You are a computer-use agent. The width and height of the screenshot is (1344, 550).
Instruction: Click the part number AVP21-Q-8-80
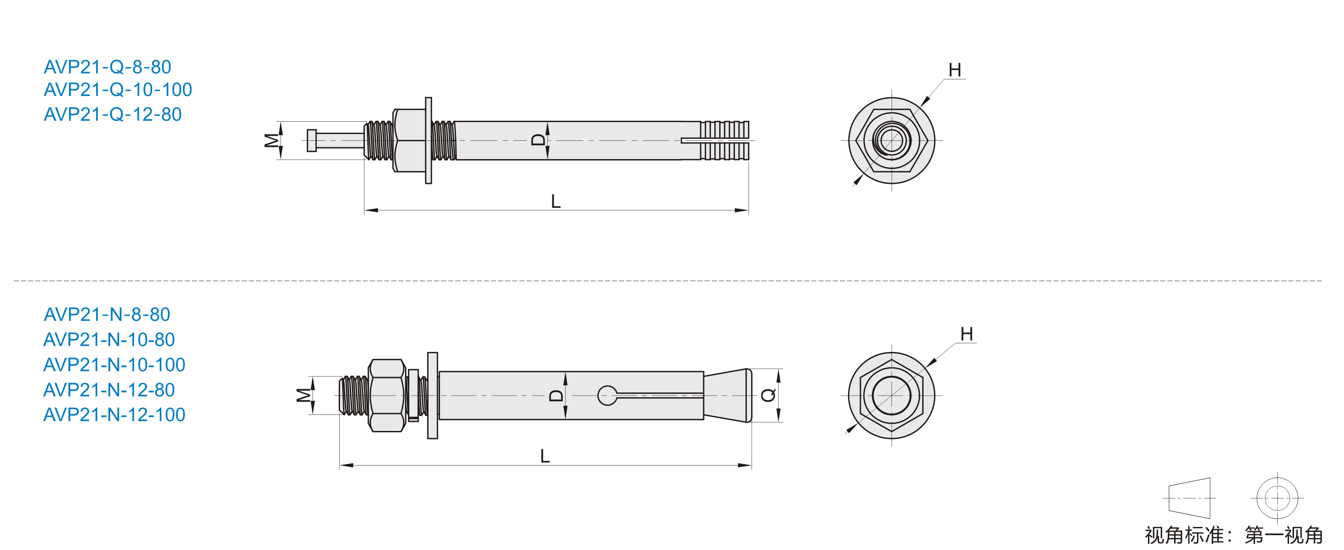coord(108,67)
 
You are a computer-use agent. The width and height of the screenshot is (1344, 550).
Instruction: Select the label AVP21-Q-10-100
coord(118,90)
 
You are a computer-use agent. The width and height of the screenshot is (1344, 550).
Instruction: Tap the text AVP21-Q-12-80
coord(113,114)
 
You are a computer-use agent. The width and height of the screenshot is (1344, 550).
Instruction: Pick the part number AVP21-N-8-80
coord(107,314)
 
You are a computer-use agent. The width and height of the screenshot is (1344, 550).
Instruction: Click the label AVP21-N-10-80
coord(109,339)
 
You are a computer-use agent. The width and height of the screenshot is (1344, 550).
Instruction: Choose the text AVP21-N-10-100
coord(114,364)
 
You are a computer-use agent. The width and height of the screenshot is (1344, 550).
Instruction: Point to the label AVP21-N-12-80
coord(109,390)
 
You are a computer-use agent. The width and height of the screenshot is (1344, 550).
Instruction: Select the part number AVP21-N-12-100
coord(114,414)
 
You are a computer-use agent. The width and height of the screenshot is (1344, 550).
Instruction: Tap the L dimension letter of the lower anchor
coord(545,456)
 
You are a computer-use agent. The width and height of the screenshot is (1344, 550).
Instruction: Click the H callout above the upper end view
coord(955,70)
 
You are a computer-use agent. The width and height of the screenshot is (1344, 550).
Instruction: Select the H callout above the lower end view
coord(967,334)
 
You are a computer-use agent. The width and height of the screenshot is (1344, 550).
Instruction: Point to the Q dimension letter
coord(769,396)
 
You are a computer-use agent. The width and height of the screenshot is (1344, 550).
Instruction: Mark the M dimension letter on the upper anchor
coord(271,140)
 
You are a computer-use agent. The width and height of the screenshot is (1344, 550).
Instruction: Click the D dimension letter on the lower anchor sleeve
coord(557,396)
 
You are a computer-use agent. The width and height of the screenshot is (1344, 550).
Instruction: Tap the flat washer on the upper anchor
coord(428,140)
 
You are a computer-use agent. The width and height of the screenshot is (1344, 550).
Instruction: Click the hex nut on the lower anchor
coord(387,395)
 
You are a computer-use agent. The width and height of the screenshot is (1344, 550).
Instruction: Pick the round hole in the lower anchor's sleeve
coord(607,396)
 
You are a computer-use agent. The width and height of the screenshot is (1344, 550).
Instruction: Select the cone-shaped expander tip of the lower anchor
coord(727,396)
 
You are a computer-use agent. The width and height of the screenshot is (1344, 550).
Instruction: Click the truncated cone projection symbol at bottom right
coord(1189,498)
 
